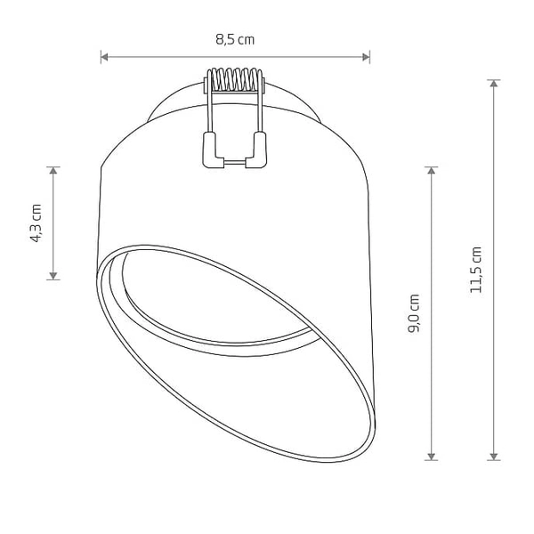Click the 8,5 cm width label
(235, 39)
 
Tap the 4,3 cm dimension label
(36, 223)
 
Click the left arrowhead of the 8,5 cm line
(104, 57)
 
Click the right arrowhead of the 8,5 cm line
(366, 57)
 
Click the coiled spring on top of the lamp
(235, 82)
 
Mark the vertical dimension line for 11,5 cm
(495, 356)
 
